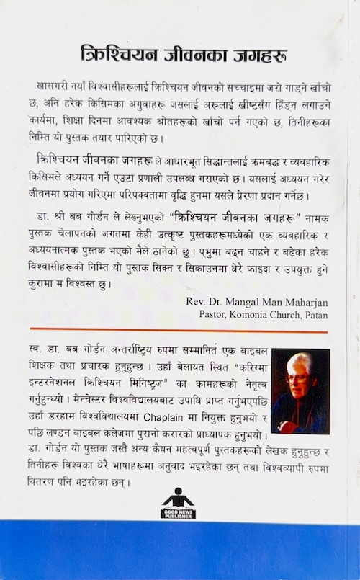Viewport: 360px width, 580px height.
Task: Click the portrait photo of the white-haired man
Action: coord(300,391)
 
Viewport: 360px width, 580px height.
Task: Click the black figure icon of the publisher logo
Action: coord(174,498)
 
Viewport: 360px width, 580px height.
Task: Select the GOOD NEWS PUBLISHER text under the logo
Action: coord(174,514)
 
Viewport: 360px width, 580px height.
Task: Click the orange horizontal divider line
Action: coord(179,333)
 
